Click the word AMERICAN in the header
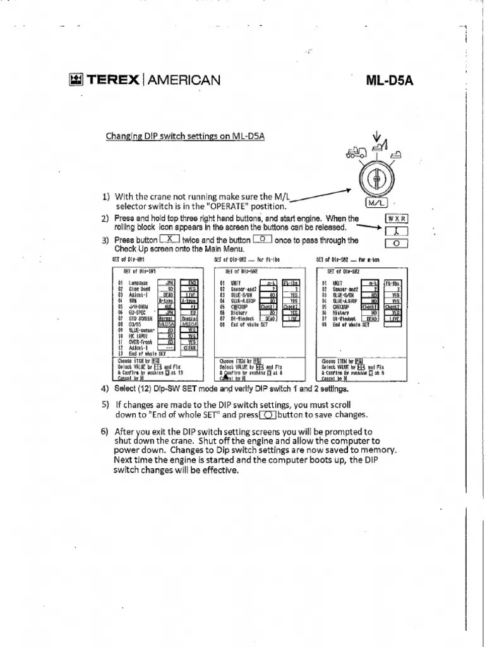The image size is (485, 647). tap(184, 80)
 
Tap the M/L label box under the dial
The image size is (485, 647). tap(376, 203)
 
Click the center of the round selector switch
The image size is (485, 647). tap(376, 179)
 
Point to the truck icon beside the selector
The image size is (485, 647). tap(356, 152)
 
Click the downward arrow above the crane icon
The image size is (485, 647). tap(378, 136)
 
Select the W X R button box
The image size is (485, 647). tap(397, 219)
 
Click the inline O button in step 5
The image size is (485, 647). tap(268, 414)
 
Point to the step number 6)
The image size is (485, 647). tap(105, 432)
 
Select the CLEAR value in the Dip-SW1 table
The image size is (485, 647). tap(189, 347)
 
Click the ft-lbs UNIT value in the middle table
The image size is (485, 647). tap(291, 283)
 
